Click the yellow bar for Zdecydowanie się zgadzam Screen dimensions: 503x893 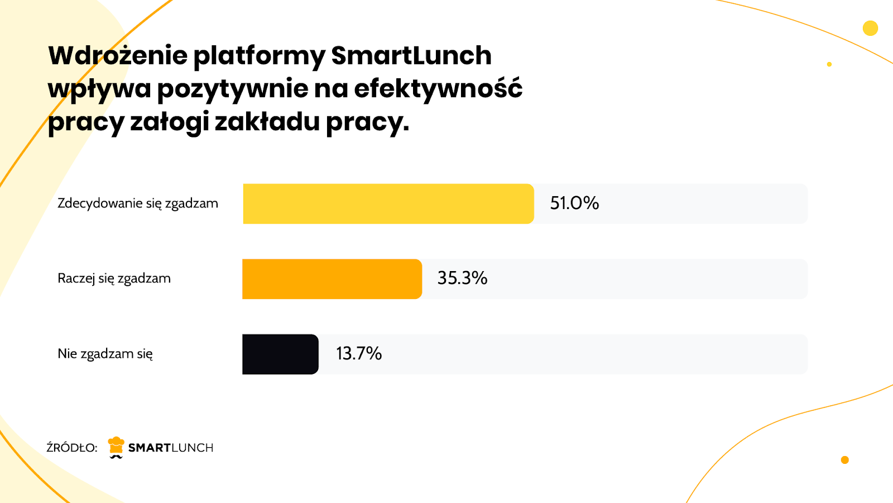coord(388,203)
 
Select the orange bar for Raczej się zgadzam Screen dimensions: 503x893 coord(332,279)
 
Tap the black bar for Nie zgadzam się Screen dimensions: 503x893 coord(280,354)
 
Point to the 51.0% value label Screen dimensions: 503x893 coord(574,203)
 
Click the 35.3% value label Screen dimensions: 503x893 coord(462,278)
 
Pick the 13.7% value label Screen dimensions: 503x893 coord(359,353)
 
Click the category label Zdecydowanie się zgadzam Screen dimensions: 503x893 coord(138,203)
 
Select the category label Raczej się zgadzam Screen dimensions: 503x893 coord(114,278)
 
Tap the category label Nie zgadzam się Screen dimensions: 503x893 coord(105,354)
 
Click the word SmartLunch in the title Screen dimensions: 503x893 coord(411,55)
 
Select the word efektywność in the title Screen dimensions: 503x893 coord(438,88)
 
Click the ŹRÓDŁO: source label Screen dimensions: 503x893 coord(72,448)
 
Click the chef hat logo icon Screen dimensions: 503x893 coord(116,447)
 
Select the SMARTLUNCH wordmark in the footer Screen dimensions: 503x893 coord(171,448)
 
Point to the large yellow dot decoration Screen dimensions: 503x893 coord(870,28)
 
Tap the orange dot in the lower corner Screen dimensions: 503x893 coord(844,460)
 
